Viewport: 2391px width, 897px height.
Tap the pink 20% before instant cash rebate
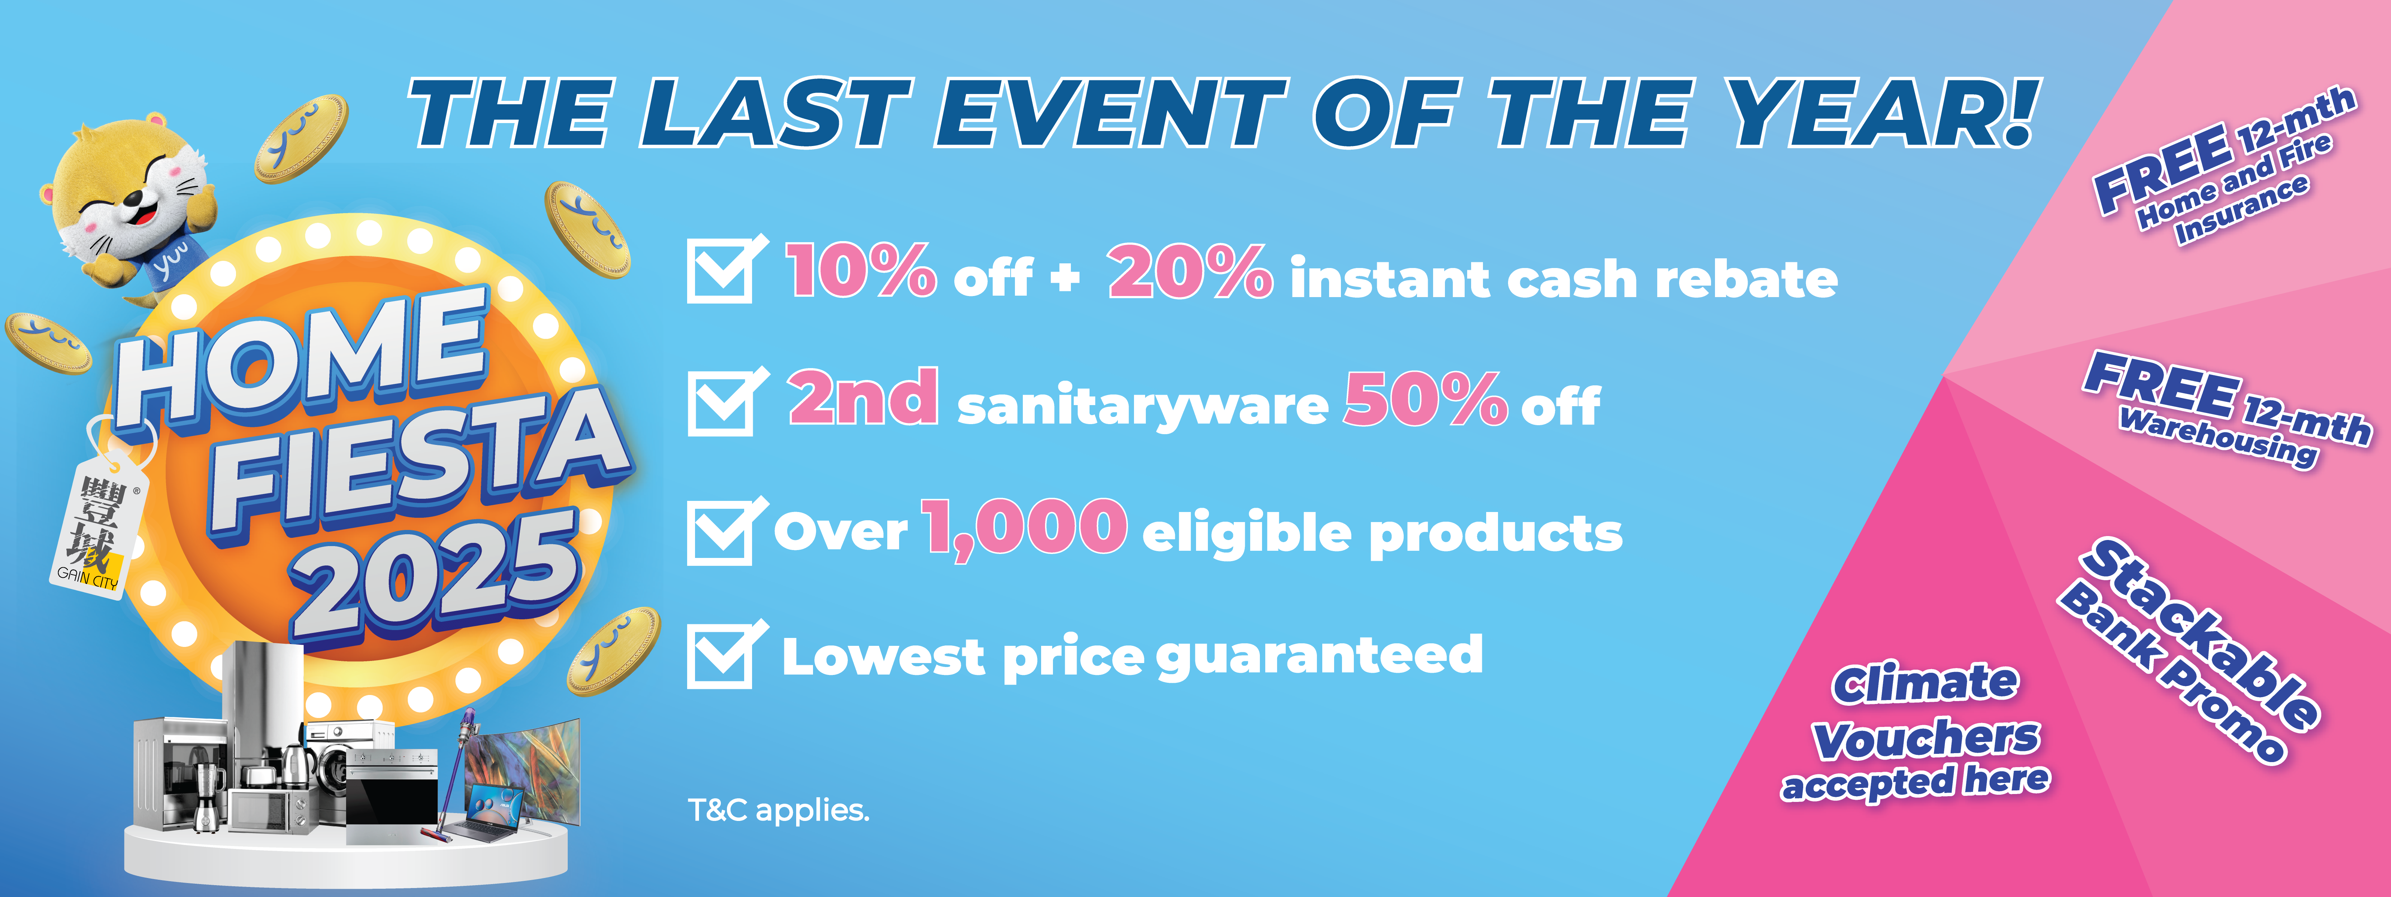(x=1190, y=271)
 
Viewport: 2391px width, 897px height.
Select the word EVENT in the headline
(x=1109, y=113)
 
